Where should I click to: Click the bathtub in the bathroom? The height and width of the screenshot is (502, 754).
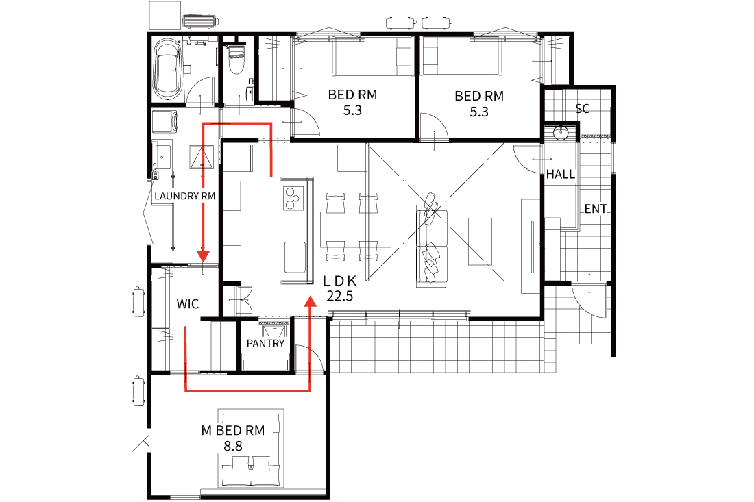pyautogui.click(x=168, y=69)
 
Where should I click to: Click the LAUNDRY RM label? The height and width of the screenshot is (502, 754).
pyautogui.click(x=184, y=196)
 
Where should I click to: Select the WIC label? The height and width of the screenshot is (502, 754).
pyautogui.click(x=188, y=303)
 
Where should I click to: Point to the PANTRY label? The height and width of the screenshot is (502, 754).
pyautogui.click(x=265, y=344)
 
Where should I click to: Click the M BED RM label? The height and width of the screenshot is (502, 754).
pyautogui.click(x=233, y=430)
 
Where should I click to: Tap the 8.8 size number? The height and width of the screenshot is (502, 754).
pyautogui.click(x=233, y=447)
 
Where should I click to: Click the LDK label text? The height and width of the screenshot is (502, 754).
pyautogui.click(x=339, y=281)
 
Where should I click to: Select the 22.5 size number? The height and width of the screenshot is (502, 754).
pyautogui.click(x=339, y=297)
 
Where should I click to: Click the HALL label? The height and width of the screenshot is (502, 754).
pyautogui.click(x=560, y=174)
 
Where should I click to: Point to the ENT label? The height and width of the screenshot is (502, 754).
pyautogui.click(x=595, y=209)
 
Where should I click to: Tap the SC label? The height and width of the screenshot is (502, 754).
pyautogui.click(x=583, y=109)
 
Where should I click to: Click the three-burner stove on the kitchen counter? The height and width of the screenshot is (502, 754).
pyautogui.click(x=293, y=199)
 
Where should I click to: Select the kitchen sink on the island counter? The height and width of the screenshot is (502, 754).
pyautogui.click(x=294, y=258)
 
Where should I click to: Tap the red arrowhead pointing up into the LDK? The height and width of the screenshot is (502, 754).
pyautogui.click(x=310, y=301)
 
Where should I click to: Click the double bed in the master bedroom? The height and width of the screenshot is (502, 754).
pyautogui.click(x=250, y=449)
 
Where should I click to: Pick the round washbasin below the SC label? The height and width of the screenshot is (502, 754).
pyautogui.click(x=561, y=133)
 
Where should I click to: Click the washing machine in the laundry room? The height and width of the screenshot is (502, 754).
pyautogui.click(x=165, y=122)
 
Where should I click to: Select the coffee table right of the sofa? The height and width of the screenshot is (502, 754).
pyautogui.click(x=480, y=241)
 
